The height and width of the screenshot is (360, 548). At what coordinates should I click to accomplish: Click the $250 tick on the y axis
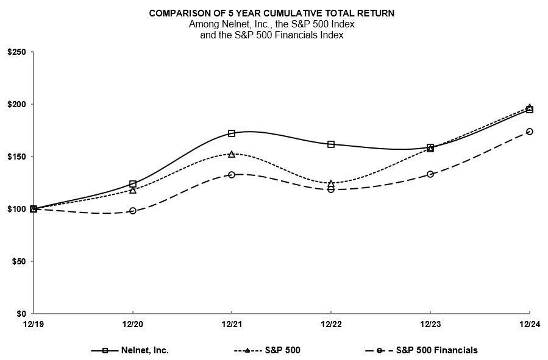[16, 52]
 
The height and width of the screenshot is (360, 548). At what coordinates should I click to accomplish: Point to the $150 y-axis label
[16, 157]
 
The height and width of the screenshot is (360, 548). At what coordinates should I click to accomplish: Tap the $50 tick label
[18, 261]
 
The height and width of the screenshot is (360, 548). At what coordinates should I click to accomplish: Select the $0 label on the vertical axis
[21, 314]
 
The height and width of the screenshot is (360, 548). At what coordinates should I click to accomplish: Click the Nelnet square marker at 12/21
[232, 133]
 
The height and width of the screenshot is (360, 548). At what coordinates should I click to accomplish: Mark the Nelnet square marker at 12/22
[331, 144]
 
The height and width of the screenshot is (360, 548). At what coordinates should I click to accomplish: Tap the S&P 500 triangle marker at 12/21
[232, 154]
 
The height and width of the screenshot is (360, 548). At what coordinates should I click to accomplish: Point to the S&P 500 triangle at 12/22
[331, 183]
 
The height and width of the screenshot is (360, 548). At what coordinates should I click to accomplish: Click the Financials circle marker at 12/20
[133, 211]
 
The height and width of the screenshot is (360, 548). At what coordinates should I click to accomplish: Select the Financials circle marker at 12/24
[529, 132]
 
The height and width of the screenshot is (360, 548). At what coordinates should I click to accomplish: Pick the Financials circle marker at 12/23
[430, 174]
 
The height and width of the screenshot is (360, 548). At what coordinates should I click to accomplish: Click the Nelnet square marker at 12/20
[133, 184]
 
